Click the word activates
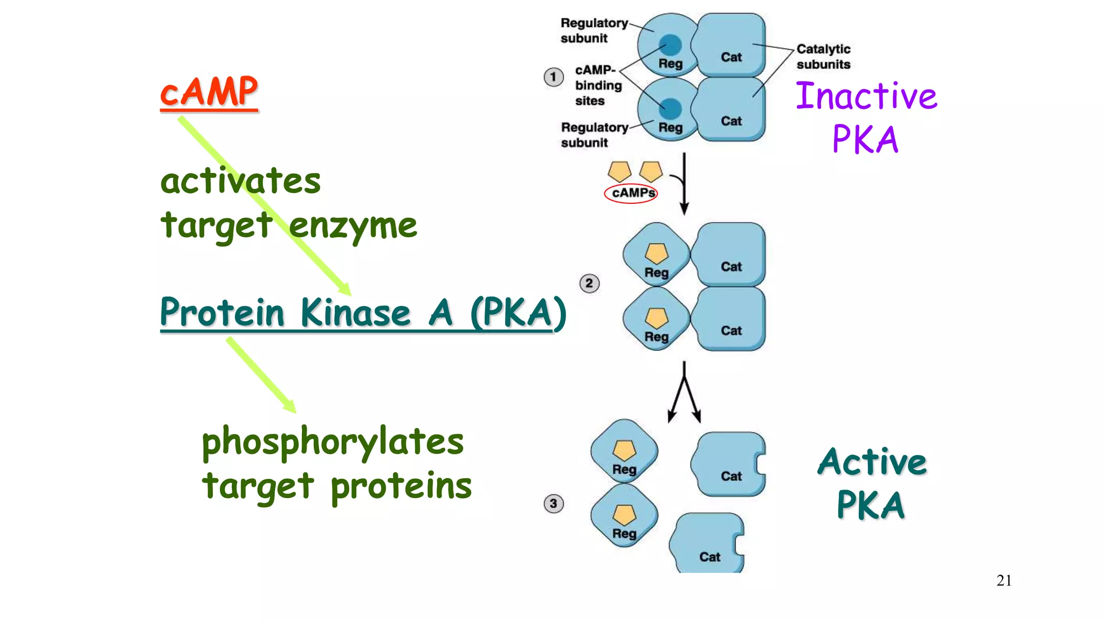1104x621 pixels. coord(240,181)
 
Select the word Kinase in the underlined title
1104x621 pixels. coord(355,313)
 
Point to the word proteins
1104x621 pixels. coord(401,486)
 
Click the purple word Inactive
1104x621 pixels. coord(866,96)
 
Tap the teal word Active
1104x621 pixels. coord(872,462)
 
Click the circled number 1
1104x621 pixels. coord(553,77)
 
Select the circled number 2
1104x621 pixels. coord(589,284)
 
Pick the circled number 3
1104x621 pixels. coord(553,503)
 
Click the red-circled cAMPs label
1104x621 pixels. coord(631,193)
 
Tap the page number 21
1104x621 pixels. coord(1004,581)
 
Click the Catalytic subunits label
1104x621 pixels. coord(823,57)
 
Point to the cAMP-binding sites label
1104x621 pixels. coord(597,85)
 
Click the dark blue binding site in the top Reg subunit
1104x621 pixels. coord(670,45)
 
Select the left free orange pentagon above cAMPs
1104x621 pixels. coord(619,171)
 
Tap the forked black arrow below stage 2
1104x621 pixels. coord(684,394)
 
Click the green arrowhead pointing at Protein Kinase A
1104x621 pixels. coord(344,288)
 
